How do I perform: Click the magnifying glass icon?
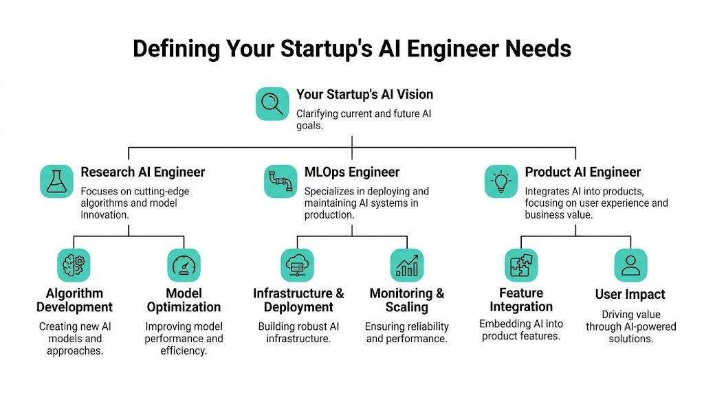coord(272,104)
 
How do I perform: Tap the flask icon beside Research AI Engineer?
coord(56,181)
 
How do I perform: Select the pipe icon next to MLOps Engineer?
coord(281,181)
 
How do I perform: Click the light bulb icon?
coord(501,181)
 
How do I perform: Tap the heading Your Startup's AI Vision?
coord(364,94)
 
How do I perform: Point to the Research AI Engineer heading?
coord(142,172)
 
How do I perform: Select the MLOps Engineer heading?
coord(351,172)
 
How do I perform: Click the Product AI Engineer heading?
coord(582,172)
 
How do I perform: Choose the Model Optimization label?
coord(184,300)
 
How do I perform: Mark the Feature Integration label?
coord(521,300)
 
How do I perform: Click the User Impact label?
coord(630,295)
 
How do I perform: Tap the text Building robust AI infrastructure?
coord(298,332)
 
